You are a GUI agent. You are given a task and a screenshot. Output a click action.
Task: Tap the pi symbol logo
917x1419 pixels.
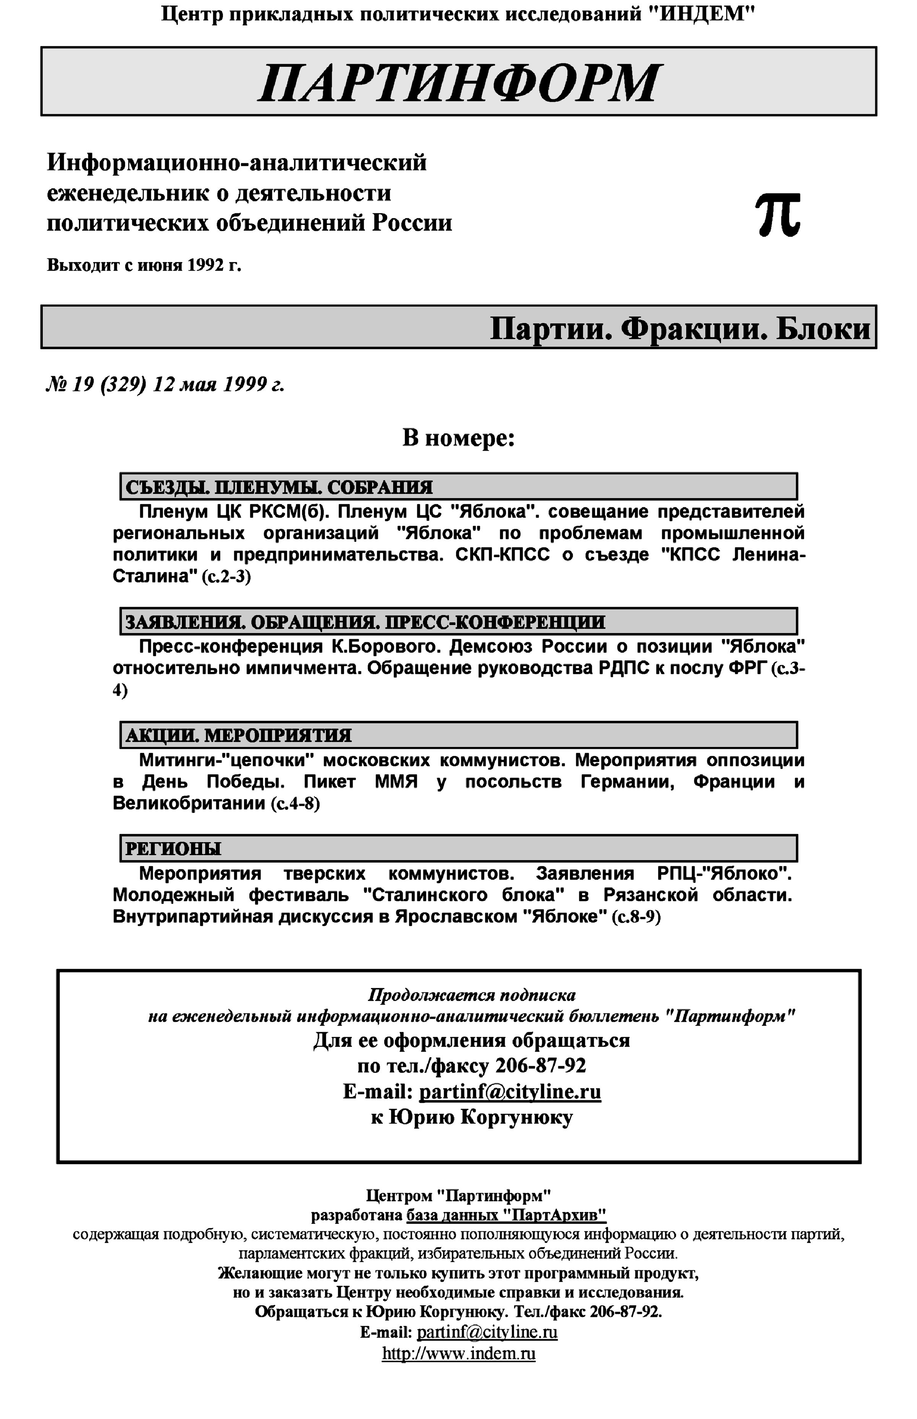[x=778, y=215]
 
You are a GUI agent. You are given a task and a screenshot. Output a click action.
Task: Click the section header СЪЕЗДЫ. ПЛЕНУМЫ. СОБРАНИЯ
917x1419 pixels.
[x=279, y=487]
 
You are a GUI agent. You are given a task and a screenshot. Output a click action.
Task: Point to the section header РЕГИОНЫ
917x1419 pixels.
[x=173, y=848]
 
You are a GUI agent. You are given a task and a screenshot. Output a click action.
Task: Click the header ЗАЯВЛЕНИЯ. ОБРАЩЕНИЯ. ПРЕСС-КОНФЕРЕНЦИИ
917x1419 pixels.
[x=365, y=622]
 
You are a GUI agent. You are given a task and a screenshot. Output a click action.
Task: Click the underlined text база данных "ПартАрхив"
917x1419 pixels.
[x=506, y=1214]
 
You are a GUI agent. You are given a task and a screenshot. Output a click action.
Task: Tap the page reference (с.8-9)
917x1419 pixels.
[x=636, y=917]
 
